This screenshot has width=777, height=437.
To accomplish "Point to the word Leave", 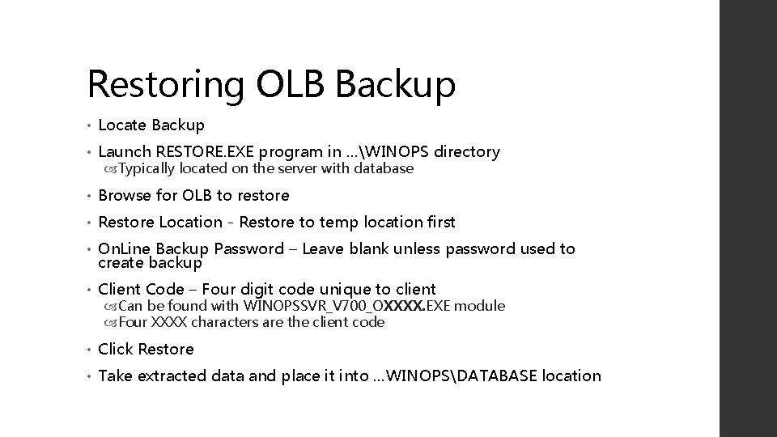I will (x=325, y=248).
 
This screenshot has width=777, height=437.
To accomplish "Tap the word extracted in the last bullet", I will (x=171, y=375).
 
